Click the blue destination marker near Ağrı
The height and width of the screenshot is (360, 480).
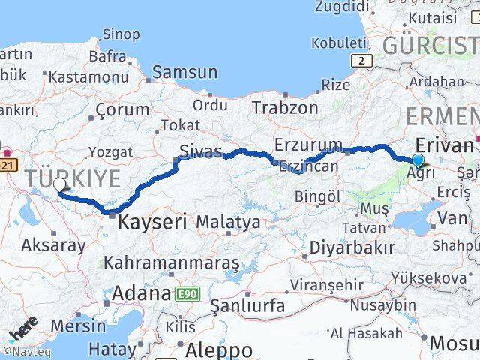coord(418,160)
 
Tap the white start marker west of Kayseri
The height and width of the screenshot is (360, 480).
coord(59,184)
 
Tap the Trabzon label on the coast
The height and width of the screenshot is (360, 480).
coord(285,107)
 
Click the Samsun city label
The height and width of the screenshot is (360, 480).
coord(184,72)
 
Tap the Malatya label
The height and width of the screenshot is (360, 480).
coord(229,222)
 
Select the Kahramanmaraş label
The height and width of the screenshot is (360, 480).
coord(172,262)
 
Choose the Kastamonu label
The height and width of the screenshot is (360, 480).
coord(86,76)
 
